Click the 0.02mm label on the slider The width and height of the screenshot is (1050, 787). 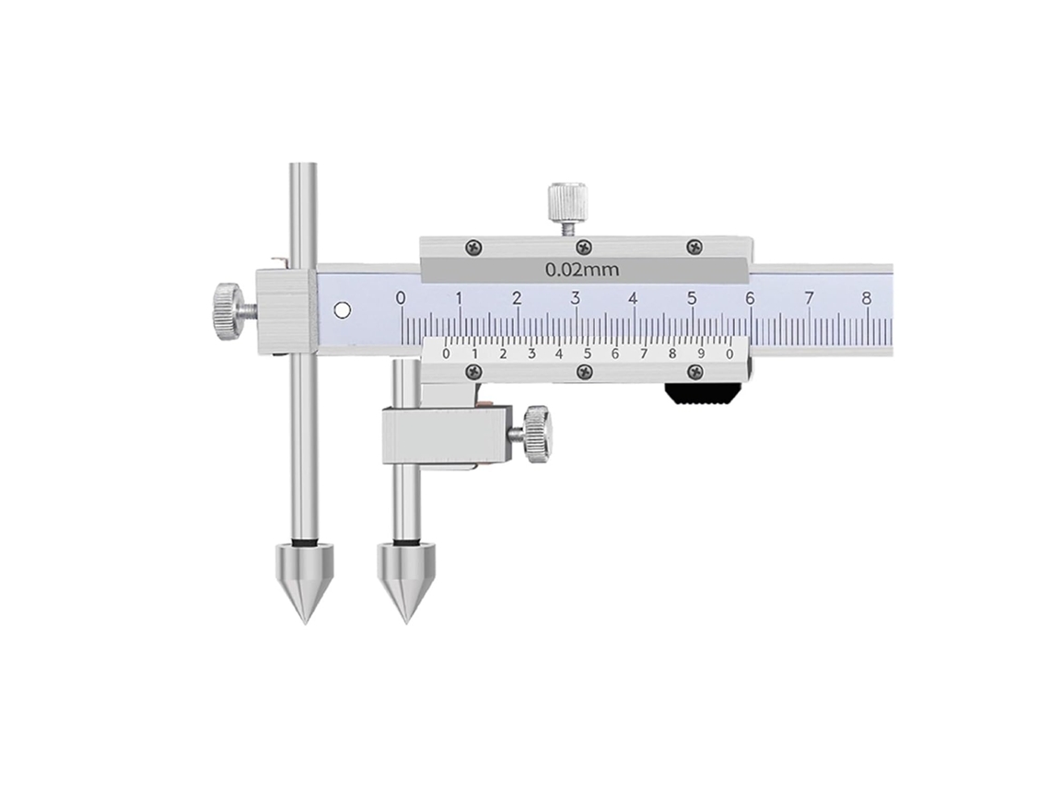tap(581, 271)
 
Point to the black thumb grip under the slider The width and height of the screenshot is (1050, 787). tap(701, 394)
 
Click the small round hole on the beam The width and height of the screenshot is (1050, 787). tap(343, 310)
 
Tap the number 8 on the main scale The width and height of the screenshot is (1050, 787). tap(867, 298)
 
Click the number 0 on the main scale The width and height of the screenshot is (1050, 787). tap(401, 298)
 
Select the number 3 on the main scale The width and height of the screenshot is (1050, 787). tap(576, 298)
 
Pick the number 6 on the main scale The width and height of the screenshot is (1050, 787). tap(750, 298)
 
